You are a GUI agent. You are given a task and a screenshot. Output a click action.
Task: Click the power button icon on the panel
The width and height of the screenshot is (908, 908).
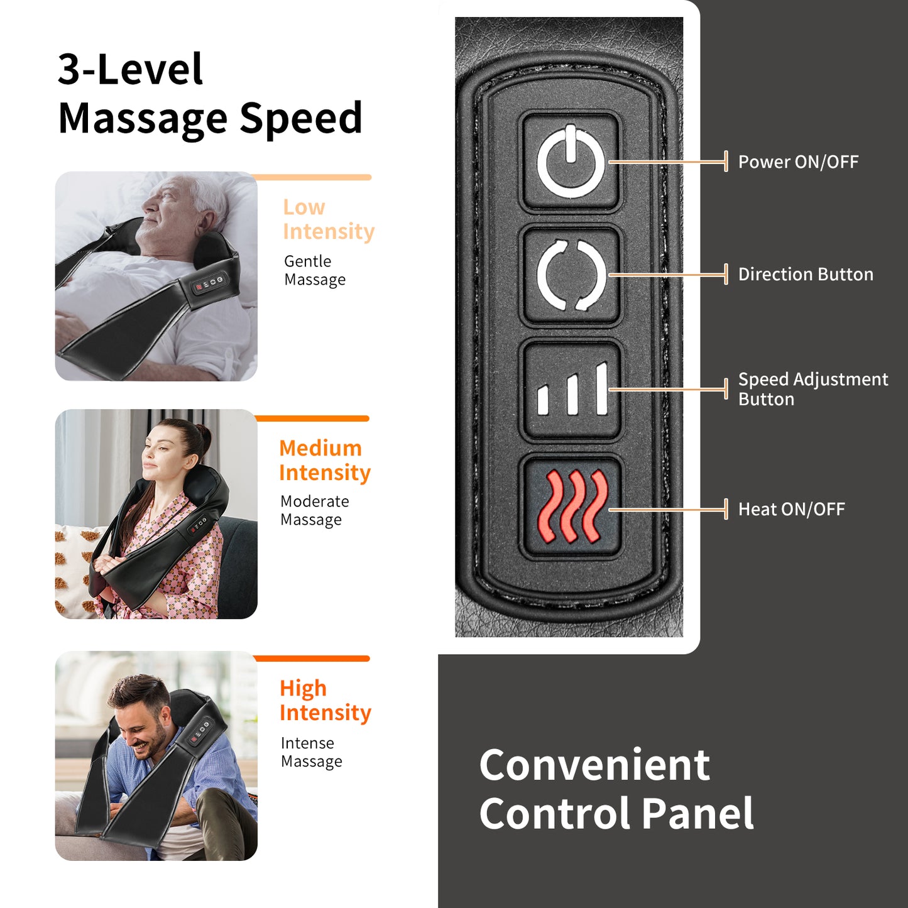(x=571, y=162)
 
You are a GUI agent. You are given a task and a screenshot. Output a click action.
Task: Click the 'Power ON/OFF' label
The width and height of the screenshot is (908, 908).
(x=797, y=162)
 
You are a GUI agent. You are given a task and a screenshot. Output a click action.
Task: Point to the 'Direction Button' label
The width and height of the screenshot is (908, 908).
(x=805, y=275)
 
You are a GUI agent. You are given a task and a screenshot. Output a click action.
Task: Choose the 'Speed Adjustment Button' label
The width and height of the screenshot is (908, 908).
(x=812, y=389)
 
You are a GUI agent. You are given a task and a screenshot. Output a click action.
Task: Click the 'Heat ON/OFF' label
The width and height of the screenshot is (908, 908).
(x=791, y=509)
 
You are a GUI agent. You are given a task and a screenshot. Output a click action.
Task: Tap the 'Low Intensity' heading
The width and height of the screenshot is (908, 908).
(x=328, y=219)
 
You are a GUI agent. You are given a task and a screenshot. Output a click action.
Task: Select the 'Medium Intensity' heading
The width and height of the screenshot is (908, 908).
(x=324, y=460)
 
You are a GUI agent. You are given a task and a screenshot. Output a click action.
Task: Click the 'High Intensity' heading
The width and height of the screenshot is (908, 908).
(x=325, y=700)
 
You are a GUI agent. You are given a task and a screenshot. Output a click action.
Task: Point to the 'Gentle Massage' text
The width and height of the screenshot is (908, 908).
(x=314, y=270)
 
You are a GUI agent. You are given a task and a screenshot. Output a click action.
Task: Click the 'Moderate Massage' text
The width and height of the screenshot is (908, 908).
(x=314, y=510)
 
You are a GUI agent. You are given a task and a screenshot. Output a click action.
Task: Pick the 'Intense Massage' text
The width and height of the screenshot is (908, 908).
(x=311, y=752)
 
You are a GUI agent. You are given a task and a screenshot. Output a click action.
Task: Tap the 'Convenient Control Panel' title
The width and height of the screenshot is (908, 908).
(x=616, y=789)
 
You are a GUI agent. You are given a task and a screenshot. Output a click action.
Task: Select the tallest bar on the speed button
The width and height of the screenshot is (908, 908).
(x=601, y=388)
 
